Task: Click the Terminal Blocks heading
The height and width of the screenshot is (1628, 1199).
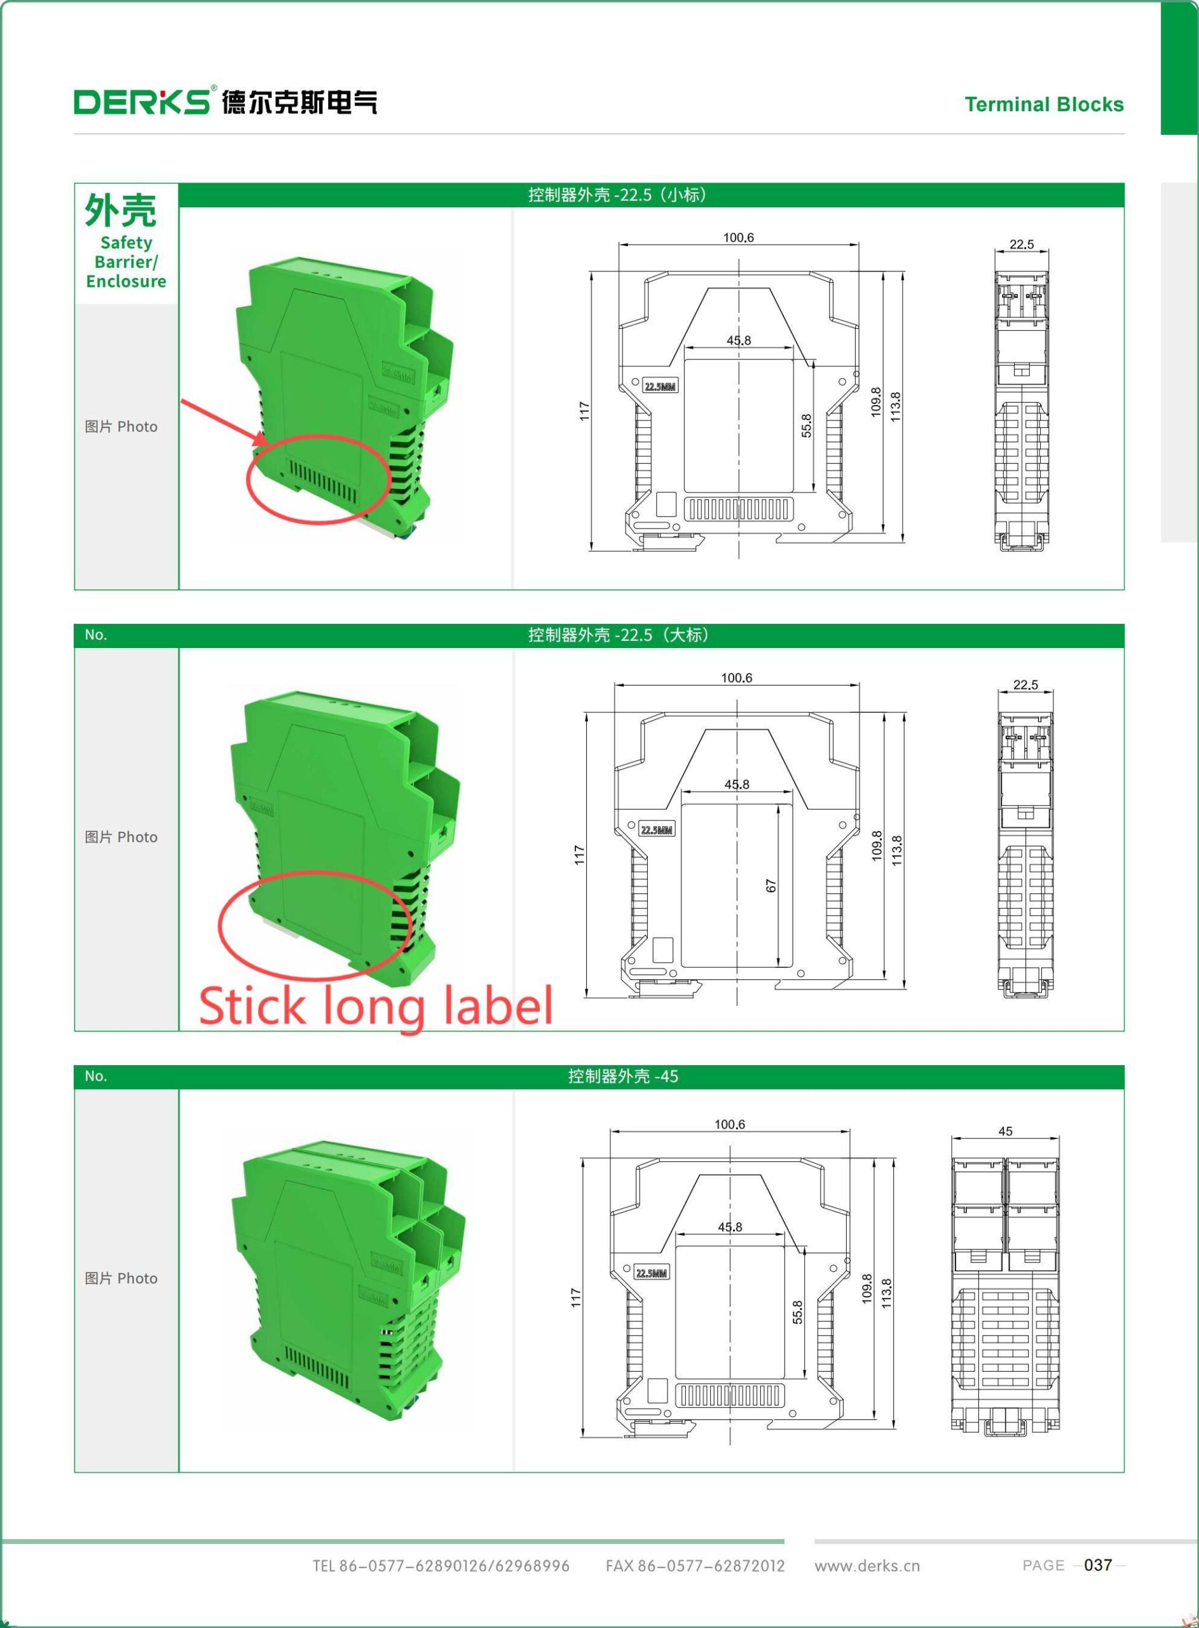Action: (x=1044, y=104)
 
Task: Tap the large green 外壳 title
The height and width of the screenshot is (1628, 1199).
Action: (x=121, y=210)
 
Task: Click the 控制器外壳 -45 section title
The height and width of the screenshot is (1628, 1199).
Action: (x=623, y=1077)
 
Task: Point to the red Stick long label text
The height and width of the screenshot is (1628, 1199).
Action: (x=376, y=1006)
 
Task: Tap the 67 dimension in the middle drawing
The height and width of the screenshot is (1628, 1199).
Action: (x=770, y=885)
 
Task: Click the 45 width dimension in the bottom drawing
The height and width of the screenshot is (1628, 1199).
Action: (x=1005, y=1131)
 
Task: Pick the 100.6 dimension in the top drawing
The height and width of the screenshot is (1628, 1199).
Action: (x=738, y=237)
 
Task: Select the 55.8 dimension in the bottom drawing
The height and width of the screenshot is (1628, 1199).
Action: (x=797, y=1313)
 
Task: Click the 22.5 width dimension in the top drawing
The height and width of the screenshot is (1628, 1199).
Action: (x=1021, y=245)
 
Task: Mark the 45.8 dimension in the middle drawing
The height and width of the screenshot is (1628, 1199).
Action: (x=737, y=785)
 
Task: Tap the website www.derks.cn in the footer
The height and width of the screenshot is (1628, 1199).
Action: (x=867, y=1566)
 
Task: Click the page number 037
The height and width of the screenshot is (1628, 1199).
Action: (x=1097, y=1565)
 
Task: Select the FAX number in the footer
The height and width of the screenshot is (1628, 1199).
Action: (x=695, y=1566)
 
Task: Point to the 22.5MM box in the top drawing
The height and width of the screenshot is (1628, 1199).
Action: (x=661, y=387)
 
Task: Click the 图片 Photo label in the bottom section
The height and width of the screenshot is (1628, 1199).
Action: (x=121, y=1278)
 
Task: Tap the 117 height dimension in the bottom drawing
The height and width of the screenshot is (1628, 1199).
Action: (x=576, y=1298)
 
